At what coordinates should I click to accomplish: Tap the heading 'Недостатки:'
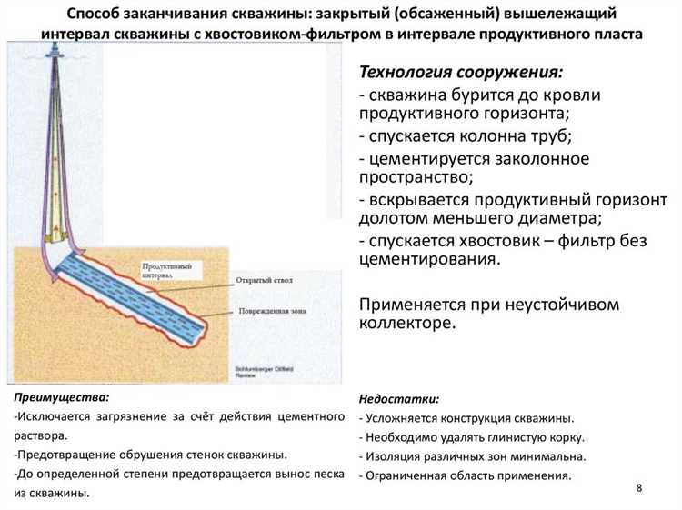pos(399,399)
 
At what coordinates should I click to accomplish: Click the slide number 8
pos(639,488)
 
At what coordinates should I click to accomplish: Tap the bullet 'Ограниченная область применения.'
pos(466,475)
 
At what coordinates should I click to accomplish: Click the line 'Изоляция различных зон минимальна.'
pos(473,456)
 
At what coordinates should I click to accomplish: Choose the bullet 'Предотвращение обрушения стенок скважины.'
pos(151,454)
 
